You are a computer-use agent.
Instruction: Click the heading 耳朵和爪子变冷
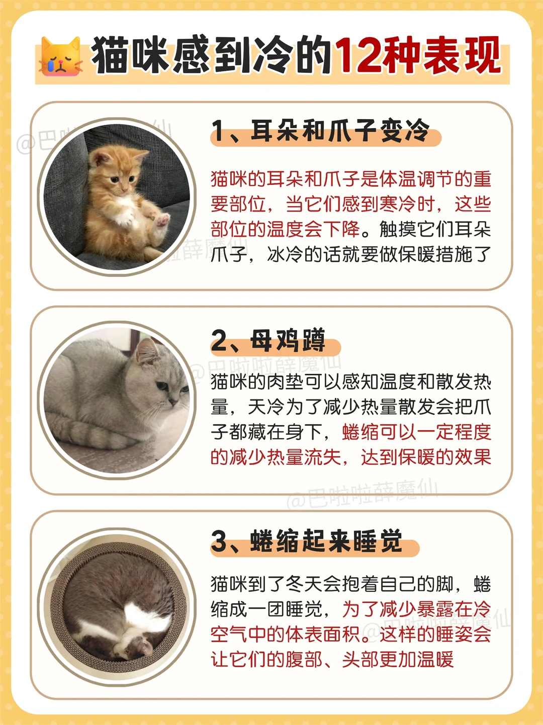pyautogui.click(x=340, y=131)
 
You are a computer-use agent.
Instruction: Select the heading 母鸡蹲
pyautogui.click(x=288, y=340)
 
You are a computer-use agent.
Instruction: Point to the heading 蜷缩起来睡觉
pyautogui.click(x=326, y=541)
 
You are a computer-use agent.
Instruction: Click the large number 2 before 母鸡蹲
pyautogui.click(x=219, y=341)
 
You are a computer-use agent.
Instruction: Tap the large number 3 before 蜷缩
pyautogui.click(x=219, y=541)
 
